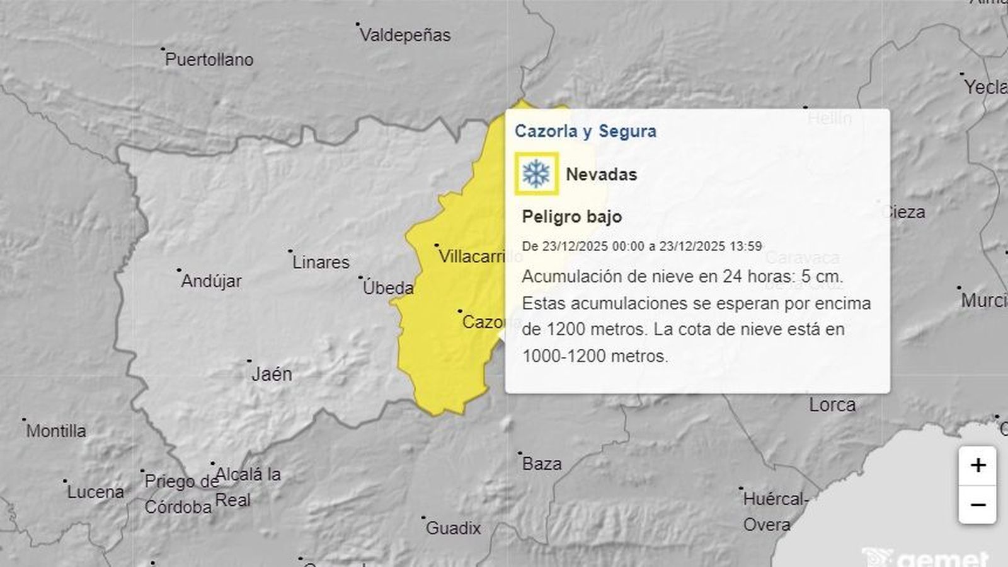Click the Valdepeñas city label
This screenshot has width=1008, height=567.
pyautogui.click(x=405, y=35)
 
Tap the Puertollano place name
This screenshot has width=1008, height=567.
pyautogui.click(x=209, y=60)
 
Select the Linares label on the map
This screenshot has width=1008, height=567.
pyautogui.click(x=321, y=262)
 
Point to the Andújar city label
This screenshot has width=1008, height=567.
pyautogui.click(x=211, y=281)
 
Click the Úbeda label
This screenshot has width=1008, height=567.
pyautogui.click(x=388, y=288)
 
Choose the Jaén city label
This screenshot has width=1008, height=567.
pyautogui.click(x=272, y=375)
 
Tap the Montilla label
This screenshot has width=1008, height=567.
pyautogui.click(x=56, y=431)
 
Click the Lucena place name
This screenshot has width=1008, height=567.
pyautogui.click(x=96, y=493)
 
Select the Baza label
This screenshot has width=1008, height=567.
pyautogui.click(x=542, y=464)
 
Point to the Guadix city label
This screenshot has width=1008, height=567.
pyautogui.click(x=453, y=529)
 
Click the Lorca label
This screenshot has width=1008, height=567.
pyautogui.click(x=832, y=405)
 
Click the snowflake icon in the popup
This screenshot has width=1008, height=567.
pyautogui.click(x=536, y=173)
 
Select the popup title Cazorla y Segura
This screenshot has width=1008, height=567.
pyautogui.click(x=585, y=131)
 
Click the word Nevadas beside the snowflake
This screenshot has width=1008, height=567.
pyautogui.click(x=601, y=175)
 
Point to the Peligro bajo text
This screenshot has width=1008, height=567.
pyautogui.click(x=571, y=217)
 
